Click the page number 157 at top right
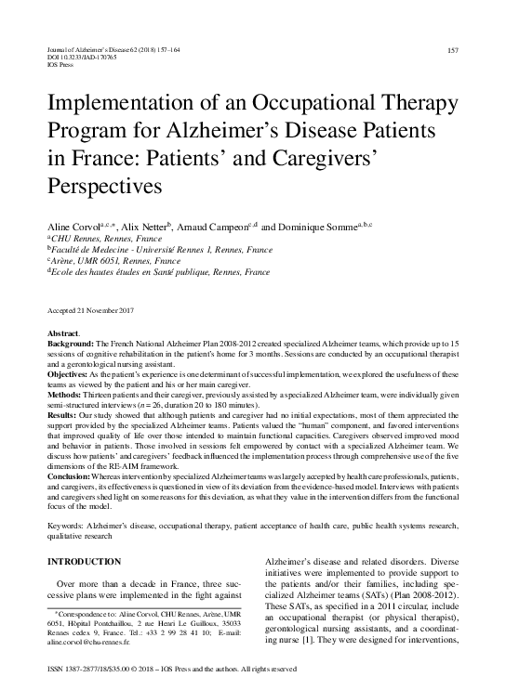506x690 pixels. (x=453, y=49)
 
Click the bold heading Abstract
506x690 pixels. (x=64, y=332)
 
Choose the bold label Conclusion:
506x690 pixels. (x=71, y=475)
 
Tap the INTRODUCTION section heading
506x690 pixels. (x=83, y=562)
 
